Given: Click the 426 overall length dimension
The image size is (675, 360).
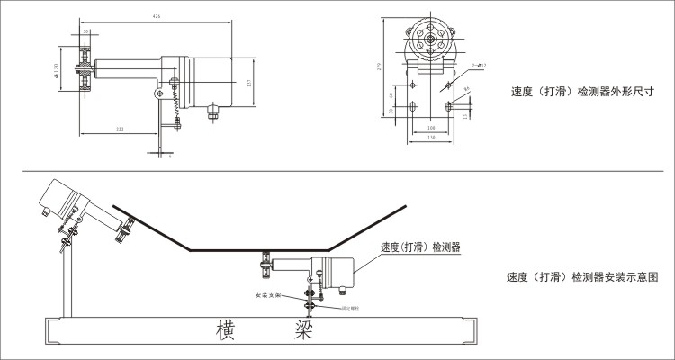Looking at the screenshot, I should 157,16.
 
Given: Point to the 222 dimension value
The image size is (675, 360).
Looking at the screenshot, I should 120,130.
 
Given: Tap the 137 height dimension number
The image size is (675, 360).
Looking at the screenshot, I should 248,83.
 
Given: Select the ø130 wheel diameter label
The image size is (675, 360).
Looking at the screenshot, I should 57,72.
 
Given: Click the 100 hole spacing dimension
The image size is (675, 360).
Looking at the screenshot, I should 432,128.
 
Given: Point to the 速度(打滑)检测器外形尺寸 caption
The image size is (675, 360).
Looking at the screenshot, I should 581,91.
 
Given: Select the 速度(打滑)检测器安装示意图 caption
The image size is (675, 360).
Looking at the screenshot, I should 582,278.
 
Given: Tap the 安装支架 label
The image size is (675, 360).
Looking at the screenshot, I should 268,294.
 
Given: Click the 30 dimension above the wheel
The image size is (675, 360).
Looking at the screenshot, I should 86,31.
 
